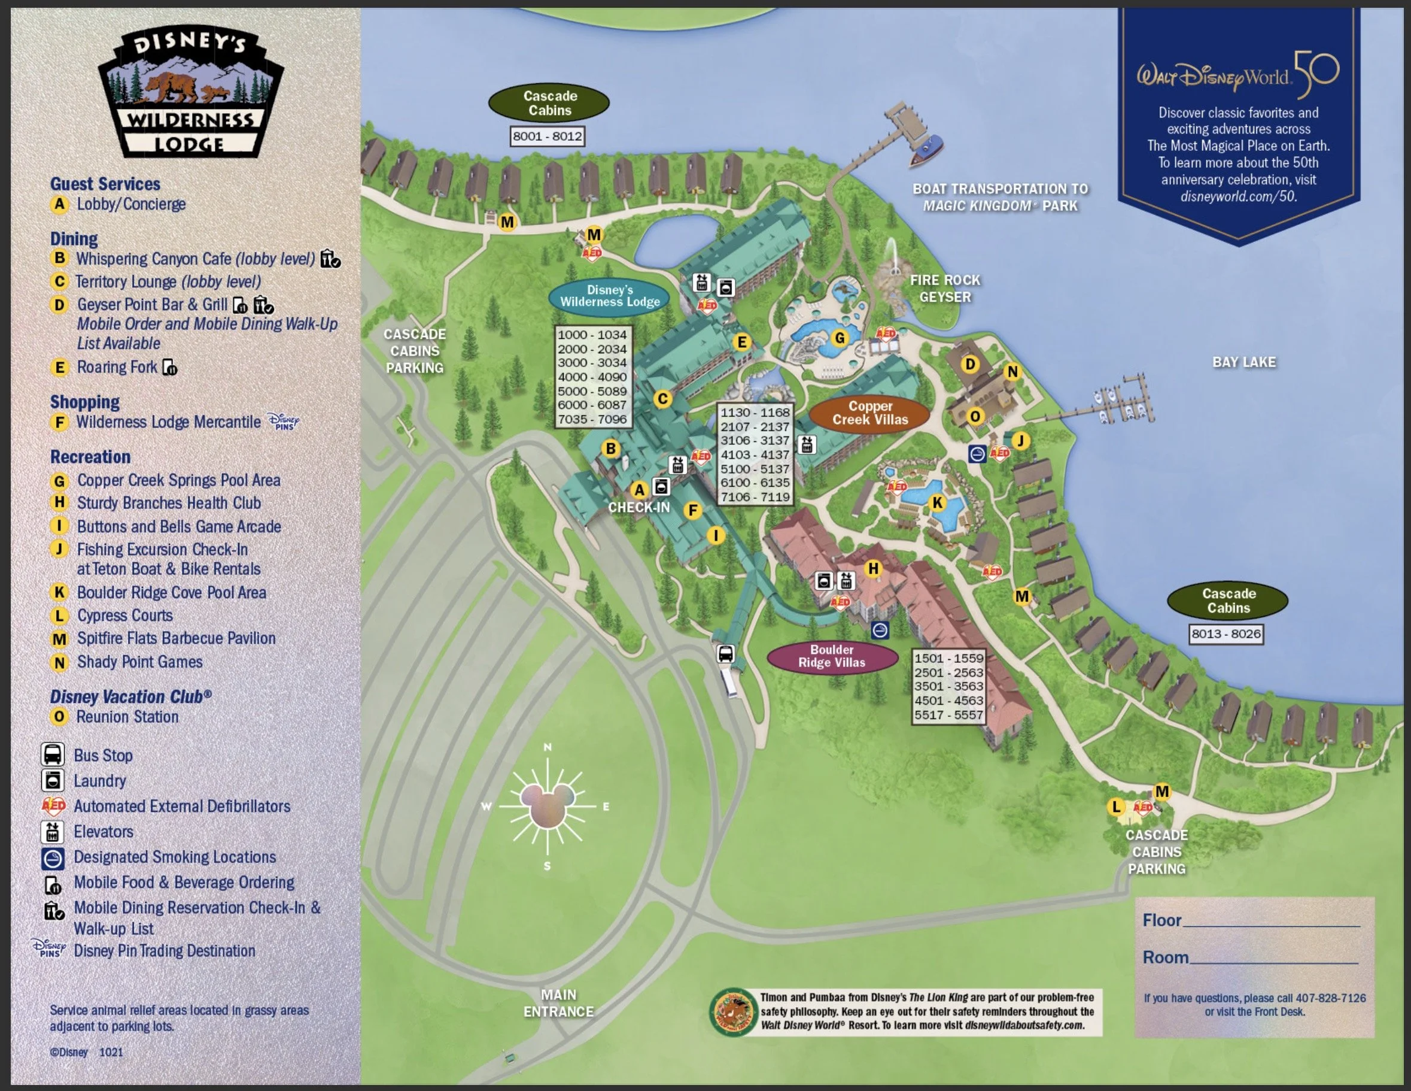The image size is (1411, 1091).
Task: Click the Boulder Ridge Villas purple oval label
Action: (832, 656)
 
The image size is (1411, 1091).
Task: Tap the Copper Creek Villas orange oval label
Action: (869, 413)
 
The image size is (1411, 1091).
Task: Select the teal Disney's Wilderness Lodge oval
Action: (609, 296)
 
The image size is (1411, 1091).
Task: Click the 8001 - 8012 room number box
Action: (547, 137)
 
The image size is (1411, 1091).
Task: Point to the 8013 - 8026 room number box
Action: (1225, 634)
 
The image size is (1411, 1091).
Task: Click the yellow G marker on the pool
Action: (839, 337)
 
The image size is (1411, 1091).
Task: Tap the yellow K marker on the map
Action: (938, 503)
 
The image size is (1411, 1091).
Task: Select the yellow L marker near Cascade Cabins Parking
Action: (1116, 807)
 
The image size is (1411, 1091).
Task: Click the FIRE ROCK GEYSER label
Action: (944, 288)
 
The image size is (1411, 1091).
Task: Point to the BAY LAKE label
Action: (1243, 362)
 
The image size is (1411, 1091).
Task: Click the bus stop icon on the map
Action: (725, 653)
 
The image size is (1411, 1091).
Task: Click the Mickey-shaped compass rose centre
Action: (547, 806)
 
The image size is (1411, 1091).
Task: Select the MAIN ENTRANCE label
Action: (558, 1003)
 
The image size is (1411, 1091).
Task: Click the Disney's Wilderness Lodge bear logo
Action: (191, 90)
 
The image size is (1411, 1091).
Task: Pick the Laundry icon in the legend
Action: (53, 781)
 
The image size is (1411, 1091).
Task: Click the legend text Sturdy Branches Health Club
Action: (169, 503)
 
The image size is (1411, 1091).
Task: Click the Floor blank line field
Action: (1270, 923)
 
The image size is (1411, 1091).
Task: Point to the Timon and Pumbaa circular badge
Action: (732, 1011)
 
